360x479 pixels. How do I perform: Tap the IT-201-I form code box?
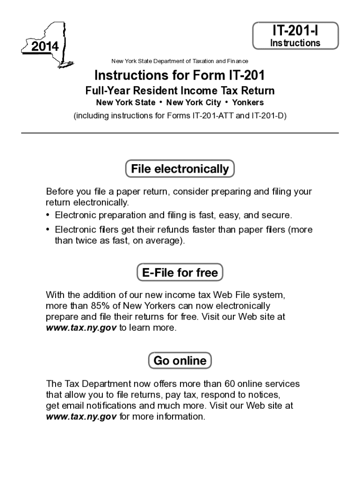[x=295, y=35]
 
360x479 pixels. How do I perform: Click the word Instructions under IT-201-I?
[x=295, y=43]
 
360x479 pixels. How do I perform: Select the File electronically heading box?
[x=180, y=169]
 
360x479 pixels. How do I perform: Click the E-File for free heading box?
[x=180, y=272]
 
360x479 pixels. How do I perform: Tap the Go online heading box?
[x=180, y=361]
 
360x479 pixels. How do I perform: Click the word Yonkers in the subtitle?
[x=248, y=102]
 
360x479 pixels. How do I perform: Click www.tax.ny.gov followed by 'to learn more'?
[x=81, y=328]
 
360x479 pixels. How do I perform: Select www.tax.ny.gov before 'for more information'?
[x=81, y=416]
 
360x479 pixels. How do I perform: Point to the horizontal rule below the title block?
[x=180, y=133]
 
